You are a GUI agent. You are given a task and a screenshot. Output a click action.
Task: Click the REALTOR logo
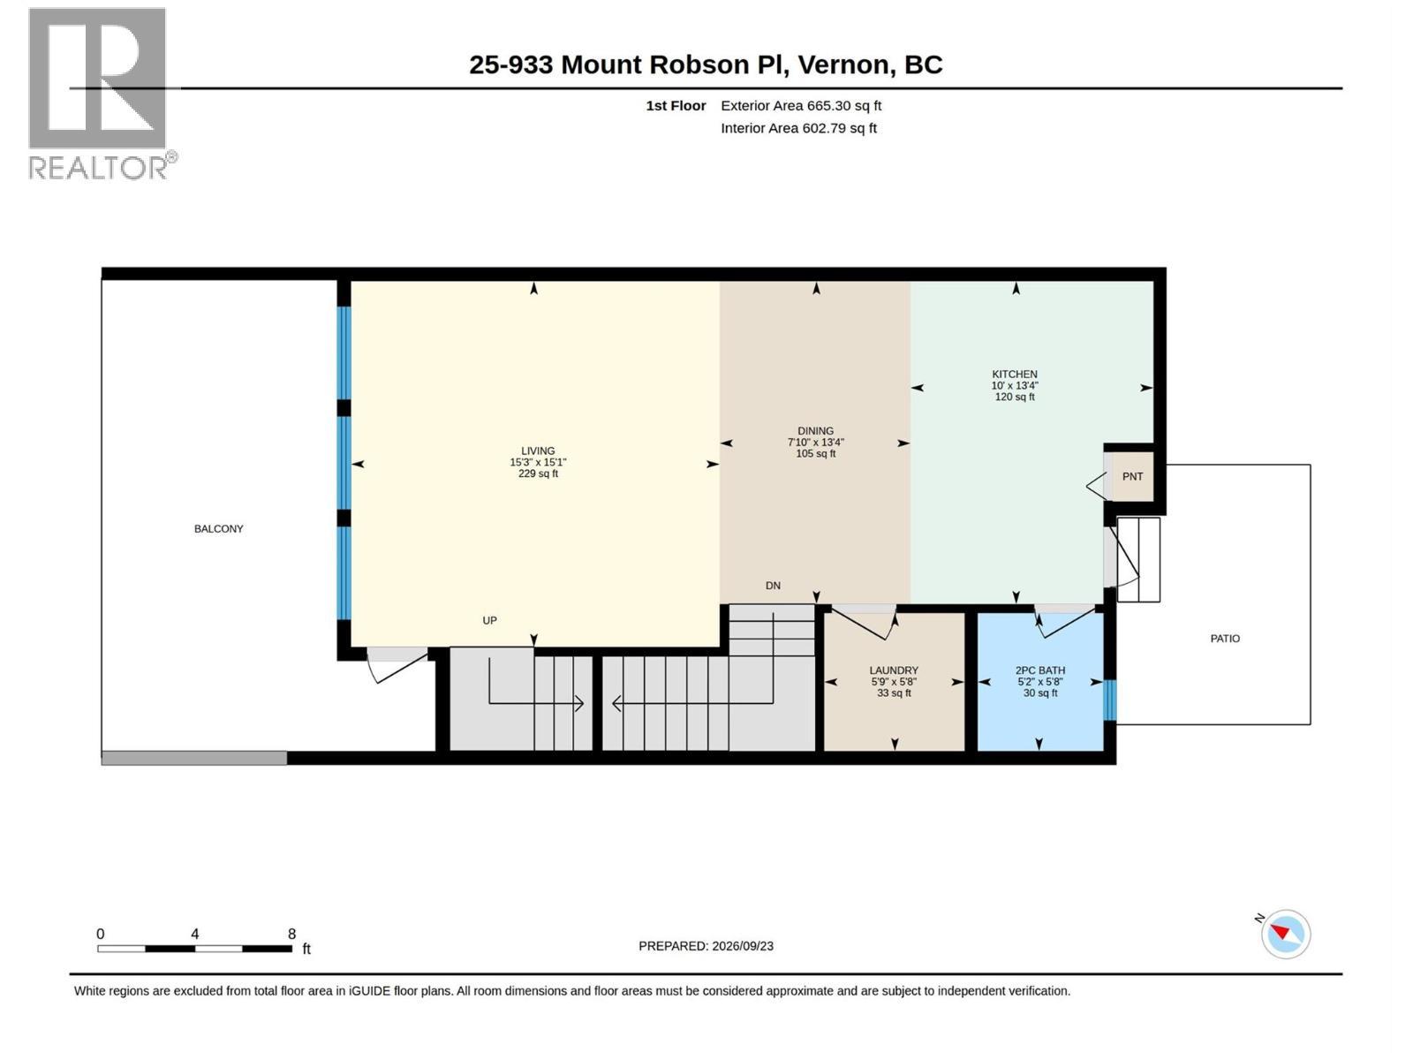coord(102,94)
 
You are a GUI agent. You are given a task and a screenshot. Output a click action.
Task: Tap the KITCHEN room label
coord(1015,375)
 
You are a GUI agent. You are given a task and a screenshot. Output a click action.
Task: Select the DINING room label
coord(816,431)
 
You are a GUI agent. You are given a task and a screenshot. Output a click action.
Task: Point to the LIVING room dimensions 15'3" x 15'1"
coord(538,463)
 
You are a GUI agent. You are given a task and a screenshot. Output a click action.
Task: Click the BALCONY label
coord(219,529)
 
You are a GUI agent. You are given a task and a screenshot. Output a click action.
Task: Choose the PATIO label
coord(1225,639)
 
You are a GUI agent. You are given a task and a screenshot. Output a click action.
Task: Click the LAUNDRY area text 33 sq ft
coord(894,693)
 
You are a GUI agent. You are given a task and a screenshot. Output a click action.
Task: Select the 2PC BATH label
coord(1040,670)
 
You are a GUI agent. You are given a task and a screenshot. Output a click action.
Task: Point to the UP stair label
coord(490,621)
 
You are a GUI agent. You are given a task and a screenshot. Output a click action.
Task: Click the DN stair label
coord(773,586)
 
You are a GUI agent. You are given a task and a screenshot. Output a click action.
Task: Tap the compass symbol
coord(1285,934)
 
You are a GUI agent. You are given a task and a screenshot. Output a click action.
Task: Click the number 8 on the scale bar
coord(291,934)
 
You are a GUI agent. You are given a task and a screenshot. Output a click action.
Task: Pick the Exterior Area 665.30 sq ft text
coord(801,105)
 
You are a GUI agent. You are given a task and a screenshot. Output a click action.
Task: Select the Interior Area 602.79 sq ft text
coord(798,128)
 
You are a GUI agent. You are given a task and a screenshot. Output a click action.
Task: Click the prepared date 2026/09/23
coord(742,946)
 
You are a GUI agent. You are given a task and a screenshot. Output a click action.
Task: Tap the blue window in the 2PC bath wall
coord(1110,700)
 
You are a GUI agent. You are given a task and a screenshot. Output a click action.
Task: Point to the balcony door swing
coord(396,666)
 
